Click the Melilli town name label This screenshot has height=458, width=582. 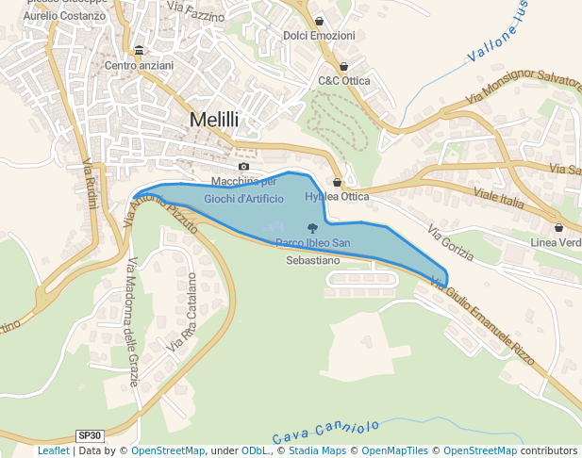(x=214, y=120)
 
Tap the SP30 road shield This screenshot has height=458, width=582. (x=90, y=435)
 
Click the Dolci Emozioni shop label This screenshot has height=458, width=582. (x=319, y=36)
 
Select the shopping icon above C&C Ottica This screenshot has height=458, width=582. (x=343, y=67)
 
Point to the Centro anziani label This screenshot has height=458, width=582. (x=139, y=65)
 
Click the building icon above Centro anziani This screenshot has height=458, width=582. (x=139, y=50)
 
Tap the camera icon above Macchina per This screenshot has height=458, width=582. (x=243, y=167)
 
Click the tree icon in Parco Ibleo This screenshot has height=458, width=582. (x=312, y=227)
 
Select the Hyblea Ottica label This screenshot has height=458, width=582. (x=337, y=197)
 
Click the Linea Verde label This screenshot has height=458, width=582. (x=557, y=242)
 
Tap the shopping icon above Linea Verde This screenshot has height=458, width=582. (x=558, y=227)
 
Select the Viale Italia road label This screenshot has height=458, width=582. (x=498, y=199)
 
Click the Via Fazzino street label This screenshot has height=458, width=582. (x=196, y=12)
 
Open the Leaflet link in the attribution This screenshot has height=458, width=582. (x=53, y=451)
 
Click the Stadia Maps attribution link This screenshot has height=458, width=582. (x=317, y=451)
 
